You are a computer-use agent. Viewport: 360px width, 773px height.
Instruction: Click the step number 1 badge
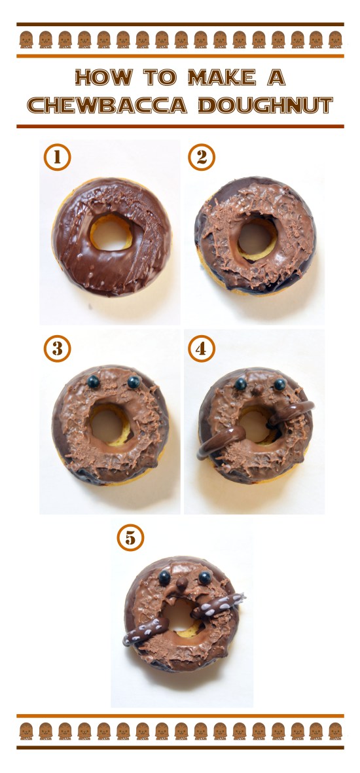coord(58,158)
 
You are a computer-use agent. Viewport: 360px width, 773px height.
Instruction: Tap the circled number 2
coord(202,158)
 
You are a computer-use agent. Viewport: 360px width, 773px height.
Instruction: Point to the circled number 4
coord(202,349)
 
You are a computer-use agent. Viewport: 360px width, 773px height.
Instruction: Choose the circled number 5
coord(130,538)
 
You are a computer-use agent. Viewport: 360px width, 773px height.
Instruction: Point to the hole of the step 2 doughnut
coord(256,236)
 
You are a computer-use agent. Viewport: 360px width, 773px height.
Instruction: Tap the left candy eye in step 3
coord(93,380)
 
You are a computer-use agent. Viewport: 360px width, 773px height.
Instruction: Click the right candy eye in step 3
coord(134,381)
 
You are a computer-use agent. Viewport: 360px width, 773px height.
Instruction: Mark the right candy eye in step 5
coord(205,577)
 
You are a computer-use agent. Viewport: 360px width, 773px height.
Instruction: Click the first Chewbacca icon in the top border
coord(26,40)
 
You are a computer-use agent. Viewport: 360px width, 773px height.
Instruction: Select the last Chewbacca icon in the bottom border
coord(335,730)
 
